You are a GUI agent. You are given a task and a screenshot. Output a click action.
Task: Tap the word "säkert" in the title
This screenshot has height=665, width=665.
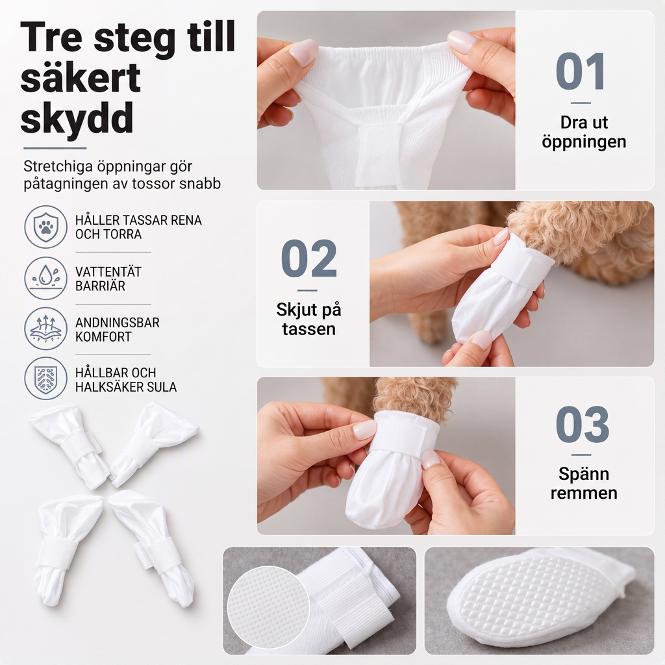[80, 78]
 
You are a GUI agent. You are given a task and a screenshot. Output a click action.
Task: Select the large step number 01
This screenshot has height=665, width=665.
[580, 71]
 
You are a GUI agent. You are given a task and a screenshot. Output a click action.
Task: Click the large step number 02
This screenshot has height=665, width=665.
[308, 258]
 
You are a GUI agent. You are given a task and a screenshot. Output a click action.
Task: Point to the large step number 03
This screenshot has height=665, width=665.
[583, 424]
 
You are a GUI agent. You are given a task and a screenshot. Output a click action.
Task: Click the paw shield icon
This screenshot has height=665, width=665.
[45, 227]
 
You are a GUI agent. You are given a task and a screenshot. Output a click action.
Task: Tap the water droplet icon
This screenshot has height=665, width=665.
[45, 278]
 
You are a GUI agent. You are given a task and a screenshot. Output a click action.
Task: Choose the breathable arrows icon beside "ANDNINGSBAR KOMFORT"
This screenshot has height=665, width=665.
[45, 329]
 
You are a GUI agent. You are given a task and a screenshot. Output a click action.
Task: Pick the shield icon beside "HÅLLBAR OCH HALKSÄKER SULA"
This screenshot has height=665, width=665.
[45, 379]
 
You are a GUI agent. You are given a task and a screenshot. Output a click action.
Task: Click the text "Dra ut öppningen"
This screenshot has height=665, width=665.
[584, 132]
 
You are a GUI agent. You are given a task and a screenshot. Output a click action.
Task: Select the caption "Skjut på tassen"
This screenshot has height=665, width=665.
[308, 319]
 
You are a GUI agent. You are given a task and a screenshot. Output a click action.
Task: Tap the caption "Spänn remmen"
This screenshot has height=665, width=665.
[584, 483]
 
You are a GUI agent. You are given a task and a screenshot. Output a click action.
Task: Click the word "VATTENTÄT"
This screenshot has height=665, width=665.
[108, 272]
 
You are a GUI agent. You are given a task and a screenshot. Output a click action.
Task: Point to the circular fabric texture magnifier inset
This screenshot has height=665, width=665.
[268, 608]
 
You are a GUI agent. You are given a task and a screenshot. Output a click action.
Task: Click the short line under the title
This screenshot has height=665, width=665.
[55, 148]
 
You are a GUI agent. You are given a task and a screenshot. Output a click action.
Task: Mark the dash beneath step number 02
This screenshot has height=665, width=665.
[307, 290]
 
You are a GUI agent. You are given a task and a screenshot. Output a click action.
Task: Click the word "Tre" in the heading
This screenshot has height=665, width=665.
[51, 37]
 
